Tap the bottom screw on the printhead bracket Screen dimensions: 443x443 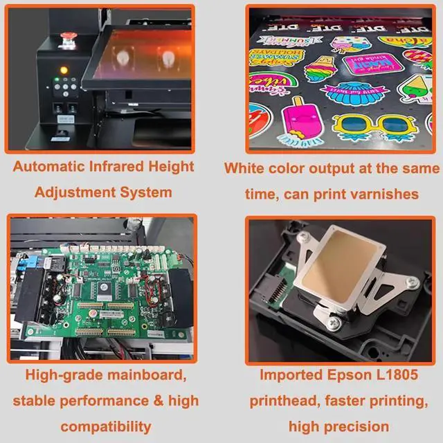333,323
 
